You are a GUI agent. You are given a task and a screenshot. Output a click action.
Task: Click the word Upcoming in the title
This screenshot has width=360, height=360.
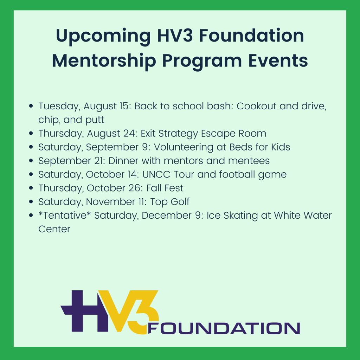pos(103,36)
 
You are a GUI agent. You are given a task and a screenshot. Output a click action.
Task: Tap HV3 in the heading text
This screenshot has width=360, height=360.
pos(175,36)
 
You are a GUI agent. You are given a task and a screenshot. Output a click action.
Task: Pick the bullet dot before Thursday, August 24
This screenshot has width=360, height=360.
pos(31,133)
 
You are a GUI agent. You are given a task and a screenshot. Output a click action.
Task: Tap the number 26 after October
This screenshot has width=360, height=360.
pos(134,188)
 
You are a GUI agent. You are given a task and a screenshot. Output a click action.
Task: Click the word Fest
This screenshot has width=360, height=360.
pos(174,188)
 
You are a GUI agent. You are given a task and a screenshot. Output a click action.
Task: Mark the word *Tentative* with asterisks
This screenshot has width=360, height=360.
pos(65,216)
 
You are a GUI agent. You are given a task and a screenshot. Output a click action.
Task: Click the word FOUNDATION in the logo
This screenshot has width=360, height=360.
pos(224,328)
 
